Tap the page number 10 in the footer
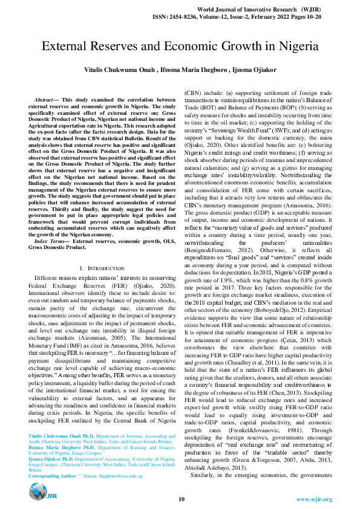tap(181, 499)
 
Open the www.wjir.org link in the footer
tap(314, 499)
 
